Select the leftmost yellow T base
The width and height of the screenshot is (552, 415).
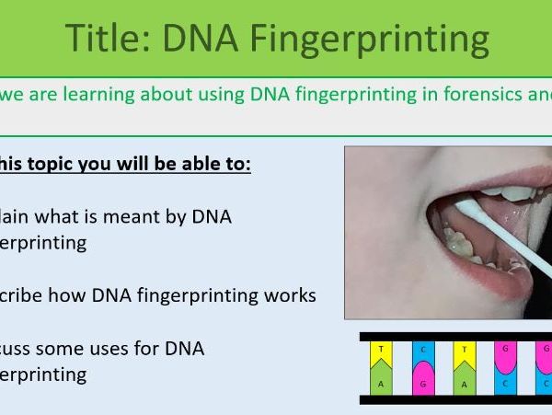[x=381, y=354]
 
